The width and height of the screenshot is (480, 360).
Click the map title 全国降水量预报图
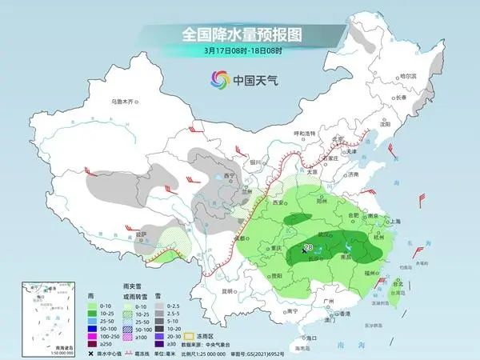coord(239,34)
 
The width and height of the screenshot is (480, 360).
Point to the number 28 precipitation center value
coord(309,248)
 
